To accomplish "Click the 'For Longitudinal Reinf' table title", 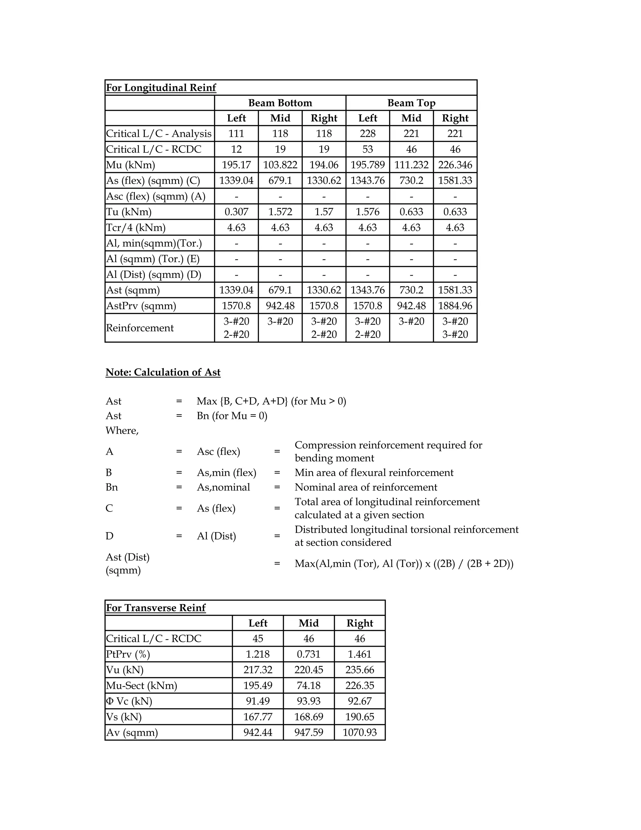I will [x=161, y=88].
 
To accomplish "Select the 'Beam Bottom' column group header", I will [x=280, y=103].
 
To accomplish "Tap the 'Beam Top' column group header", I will [x=411, y=103].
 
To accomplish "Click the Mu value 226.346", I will [x=455, y=165].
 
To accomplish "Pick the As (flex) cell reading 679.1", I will [x=280, y=180].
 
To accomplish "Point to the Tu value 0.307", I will [x=236, y=212].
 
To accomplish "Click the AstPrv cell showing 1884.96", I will [x=455, y=306].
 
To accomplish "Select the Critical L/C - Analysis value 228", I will [x=367, y=134].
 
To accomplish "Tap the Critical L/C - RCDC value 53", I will [x=367, y=149].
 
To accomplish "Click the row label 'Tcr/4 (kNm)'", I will [x=136, y=228].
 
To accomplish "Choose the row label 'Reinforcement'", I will [x=139, y=328].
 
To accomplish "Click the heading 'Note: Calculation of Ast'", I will [x=163, y=372].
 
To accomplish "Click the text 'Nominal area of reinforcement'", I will [x=366, y=487].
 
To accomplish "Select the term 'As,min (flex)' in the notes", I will [x=226, y=473].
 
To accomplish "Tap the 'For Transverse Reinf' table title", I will [x=156, y=608].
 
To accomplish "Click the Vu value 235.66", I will [x=360, y=670].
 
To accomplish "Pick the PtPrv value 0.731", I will [x=308, y=654].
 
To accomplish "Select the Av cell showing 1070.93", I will [x=360, y=732].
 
